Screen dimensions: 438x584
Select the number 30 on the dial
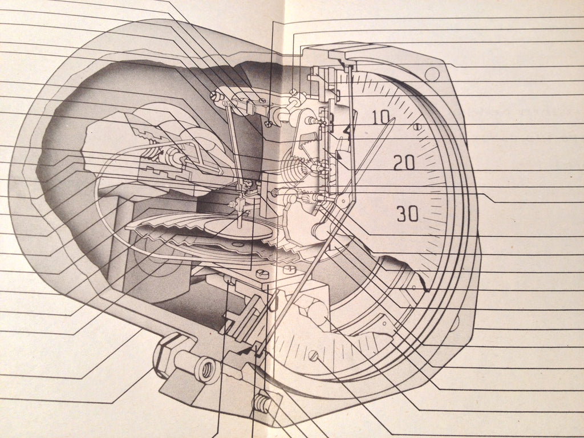[408, 214]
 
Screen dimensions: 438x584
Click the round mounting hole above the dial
[432, 74]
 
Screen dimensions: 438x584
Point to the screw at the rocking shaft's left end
[215, 96]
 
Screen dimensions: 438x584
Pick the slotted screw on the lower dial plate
[313, 356]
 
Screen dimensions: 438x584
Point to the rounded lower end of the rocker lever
[321, 231]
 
